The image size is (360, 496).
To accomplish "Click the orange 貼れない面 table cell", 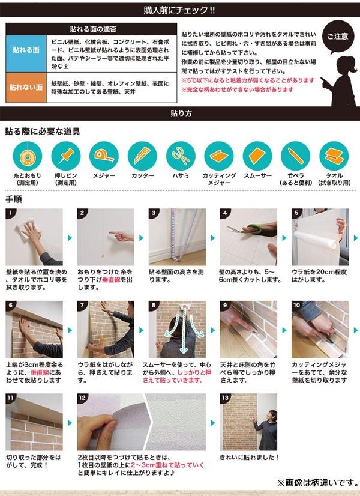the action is [26, 88].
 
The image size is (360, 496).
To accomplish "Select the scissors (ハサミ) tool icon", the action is [181, 156].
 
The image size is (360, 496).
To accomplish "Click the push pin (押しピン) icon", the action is [66, 156].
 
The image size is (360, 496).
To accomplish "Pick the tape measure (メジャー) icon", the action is [104, 156].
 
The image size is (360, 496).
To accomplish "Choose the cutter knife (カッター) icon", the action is [142, 156].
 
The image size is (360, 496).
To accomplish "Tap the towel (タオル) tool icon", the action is [334, 156].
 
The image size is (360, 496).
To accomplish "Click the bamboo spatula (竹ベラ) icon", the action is [296, 156].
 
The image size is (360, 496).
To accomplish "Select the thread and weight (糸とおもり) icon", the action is [27, 156].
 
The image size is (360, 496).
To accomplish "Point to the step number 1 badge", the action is [10, 213].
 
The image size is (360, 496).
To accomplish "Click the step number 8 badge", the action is [153, 305].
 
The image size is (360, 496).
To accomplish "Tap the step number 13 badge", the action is [225, 398].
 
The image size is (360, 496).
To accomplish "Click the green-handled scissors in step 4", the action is [251, 229].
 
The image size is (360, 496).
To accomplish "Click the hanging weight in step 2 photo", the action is [103, 255].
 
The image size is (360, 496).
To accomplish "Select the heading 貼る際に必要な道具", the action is [43, 132].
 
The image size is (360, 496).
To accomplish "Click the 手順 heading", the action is [14, 199].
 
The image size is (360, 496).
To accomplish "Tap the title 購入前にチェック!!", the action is [179, 10].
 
